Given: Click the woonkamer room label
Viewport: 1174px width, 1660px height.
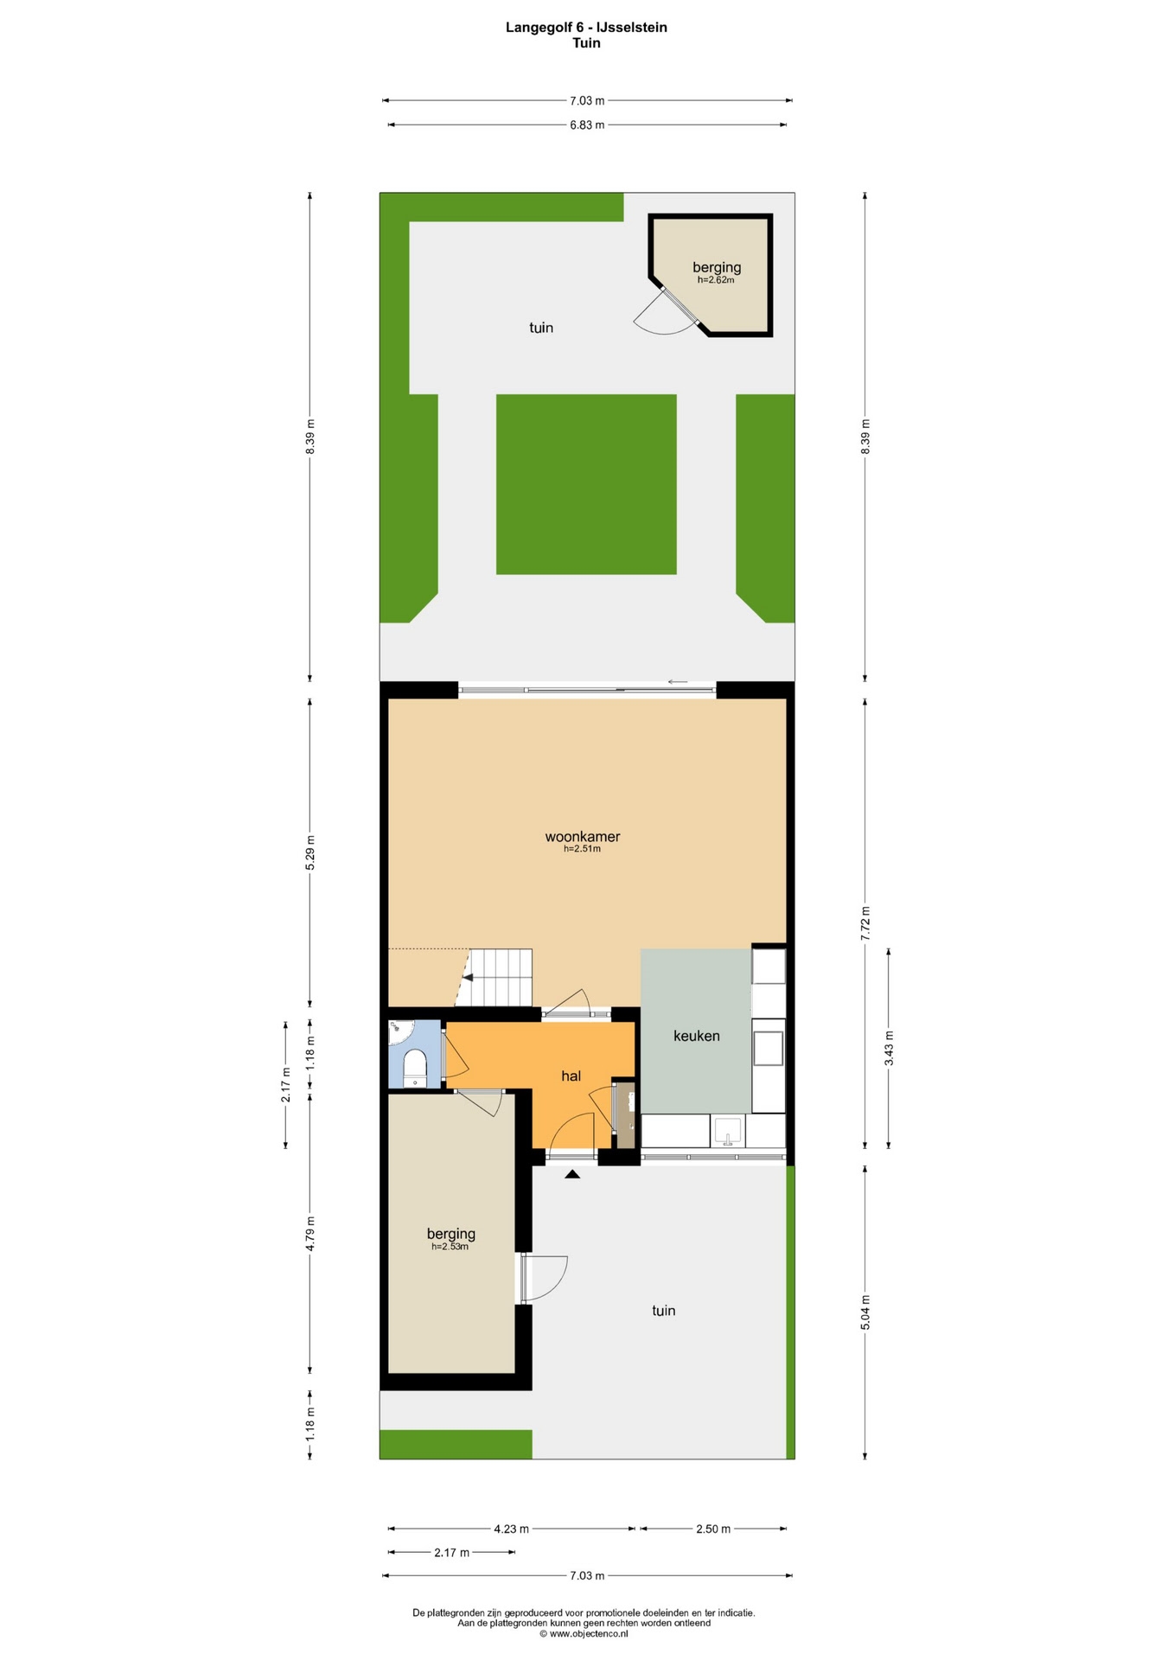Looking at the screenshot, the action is click(582, 836).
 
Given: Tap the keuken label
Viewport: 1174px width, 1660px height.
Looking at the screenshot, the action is click(696, 1036).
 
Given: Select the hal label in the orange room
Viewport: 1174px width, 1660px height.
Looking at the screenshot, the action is click(571, 1076).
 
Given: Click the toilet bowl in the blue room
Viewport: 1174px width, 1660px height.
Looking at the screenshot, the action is click(415, 1065).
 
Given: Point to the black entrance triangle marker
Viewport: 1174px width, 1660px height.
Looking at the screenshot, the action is click(571, 1174).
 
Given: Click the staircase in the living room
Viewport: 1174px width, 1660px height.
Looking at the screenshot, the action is click(494, 977).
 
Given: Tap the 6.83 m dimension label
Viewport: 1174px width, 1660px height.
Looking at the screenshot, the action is click(587, 124).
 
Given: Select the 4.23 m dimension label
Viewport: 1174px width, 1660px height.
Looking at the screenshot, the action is click(511, 1529).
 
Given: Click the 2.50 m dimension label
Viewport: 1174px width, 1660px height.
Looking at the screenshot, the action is click(713, 1529).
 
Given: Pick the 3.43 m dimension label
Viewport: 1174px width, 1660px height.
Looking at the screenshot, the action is click(889, 1049).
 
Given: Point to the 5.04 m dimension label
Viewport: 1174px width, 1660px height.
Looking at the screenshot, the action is click(865, 1312).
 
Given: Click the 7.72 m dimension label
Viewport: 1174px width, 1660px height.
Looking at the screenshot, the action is click(865, 923).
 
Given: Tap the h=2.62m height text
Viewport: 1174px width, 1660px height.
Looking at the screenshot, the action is click(716, 280).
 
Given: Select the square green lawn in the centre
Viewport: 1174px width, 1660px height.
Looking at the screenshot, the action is click(586, 484).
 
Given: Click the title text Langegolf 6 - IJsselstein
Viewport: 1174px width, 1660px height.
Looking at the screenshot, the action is click(586, 27).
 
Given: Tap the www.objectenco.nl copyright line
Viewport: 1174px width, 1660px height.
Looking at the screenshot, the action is click(584, 1633).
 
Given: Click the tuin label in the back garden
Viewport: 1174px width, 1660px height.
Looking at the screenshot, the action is click(541, 328).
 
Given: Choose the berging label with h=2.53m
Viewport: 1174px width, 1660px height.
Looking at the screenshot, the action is click(450, 1234).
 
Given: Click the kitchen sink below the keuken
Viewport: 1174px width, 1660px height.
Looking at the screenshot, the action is click(728, 1131).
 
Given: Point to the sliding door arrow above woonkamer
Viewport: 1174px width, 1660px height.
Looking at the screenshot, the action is click(678, 682).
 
